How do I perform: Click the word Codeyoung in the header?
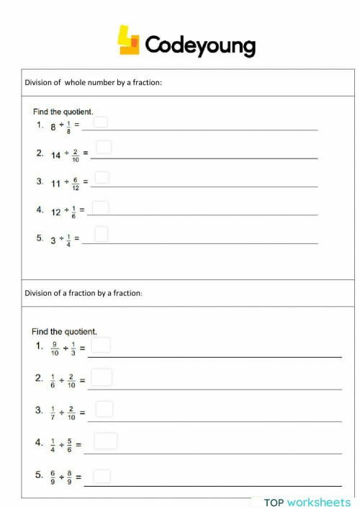tap(200, 45)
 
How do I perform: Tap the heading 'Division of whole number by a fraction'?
tap(94, 83)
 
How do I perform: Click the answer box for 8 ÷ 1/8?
tap(100, 122)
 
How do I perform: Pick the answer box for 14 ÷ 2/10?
tap(104, 148)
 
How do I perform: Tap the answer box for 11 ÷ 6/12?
tap(102, 177)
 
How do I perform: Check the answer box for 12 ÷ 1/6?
tap(101, 207)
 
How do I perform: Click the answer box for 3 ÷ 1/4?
tap(101, 234)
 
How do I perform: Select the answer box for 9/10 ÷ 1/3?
tap(101, 345)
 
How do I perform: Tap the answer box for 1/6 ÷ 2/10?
tap(102, 377)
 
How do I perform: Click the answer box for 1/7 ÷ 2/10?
tap(104, 409)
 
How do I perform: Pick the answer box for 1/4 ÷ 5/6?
tap(105, 441)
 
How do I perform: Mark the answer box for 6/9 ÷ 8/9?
tap(102, 476)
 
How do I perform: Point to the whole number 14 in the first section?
tap(55, 156)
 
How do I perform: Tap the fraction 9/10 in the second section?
tap(55, 348)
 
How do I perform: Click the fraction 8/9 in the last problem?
tap(70, 478)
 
